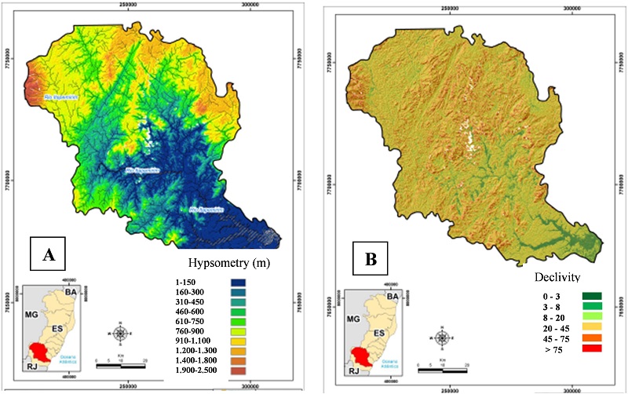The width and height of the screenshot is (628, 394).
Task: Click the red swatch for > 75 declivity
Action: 588,347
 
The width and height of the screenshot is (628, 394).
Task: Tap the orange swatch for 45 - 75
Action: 588,337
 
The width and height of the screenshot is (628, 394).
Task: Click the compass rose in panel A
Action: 119,333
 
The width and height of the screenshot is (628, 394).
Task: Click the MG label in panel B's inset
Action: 352,320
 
